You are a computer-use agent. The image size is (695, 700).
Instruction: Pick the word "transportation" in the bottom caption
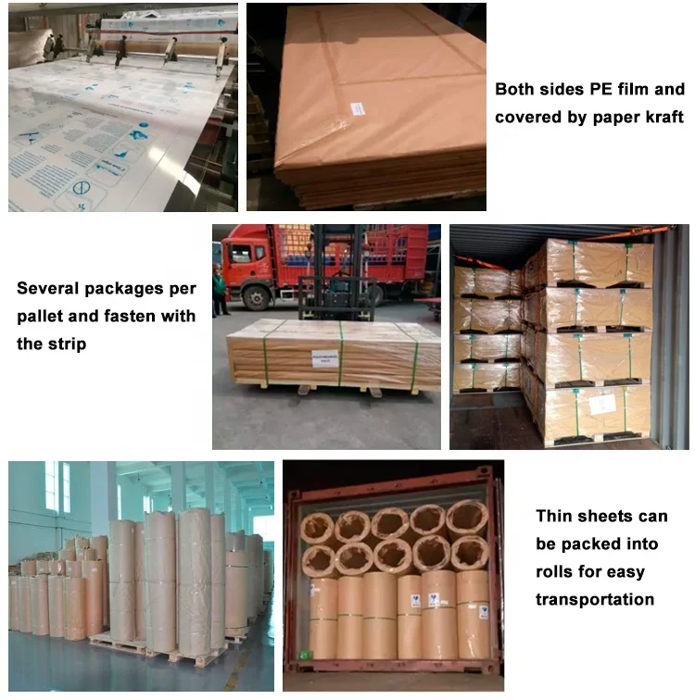[x=595, y=599]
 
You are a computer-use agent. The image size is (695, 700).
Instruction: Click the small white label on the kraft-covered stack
[x=357, y=108]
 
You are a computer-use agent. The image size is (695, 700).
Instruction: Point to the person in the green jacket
[x=221, y=288]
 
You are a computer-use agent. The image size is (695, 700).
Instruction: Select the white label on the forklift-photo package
[x=324, y=356]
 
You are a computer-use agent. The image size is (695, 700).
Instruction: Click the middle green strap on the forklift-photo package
[x=340, y=353]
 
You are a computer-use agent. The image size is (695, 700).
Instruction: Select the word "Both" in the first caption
[x=515, y=90]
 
